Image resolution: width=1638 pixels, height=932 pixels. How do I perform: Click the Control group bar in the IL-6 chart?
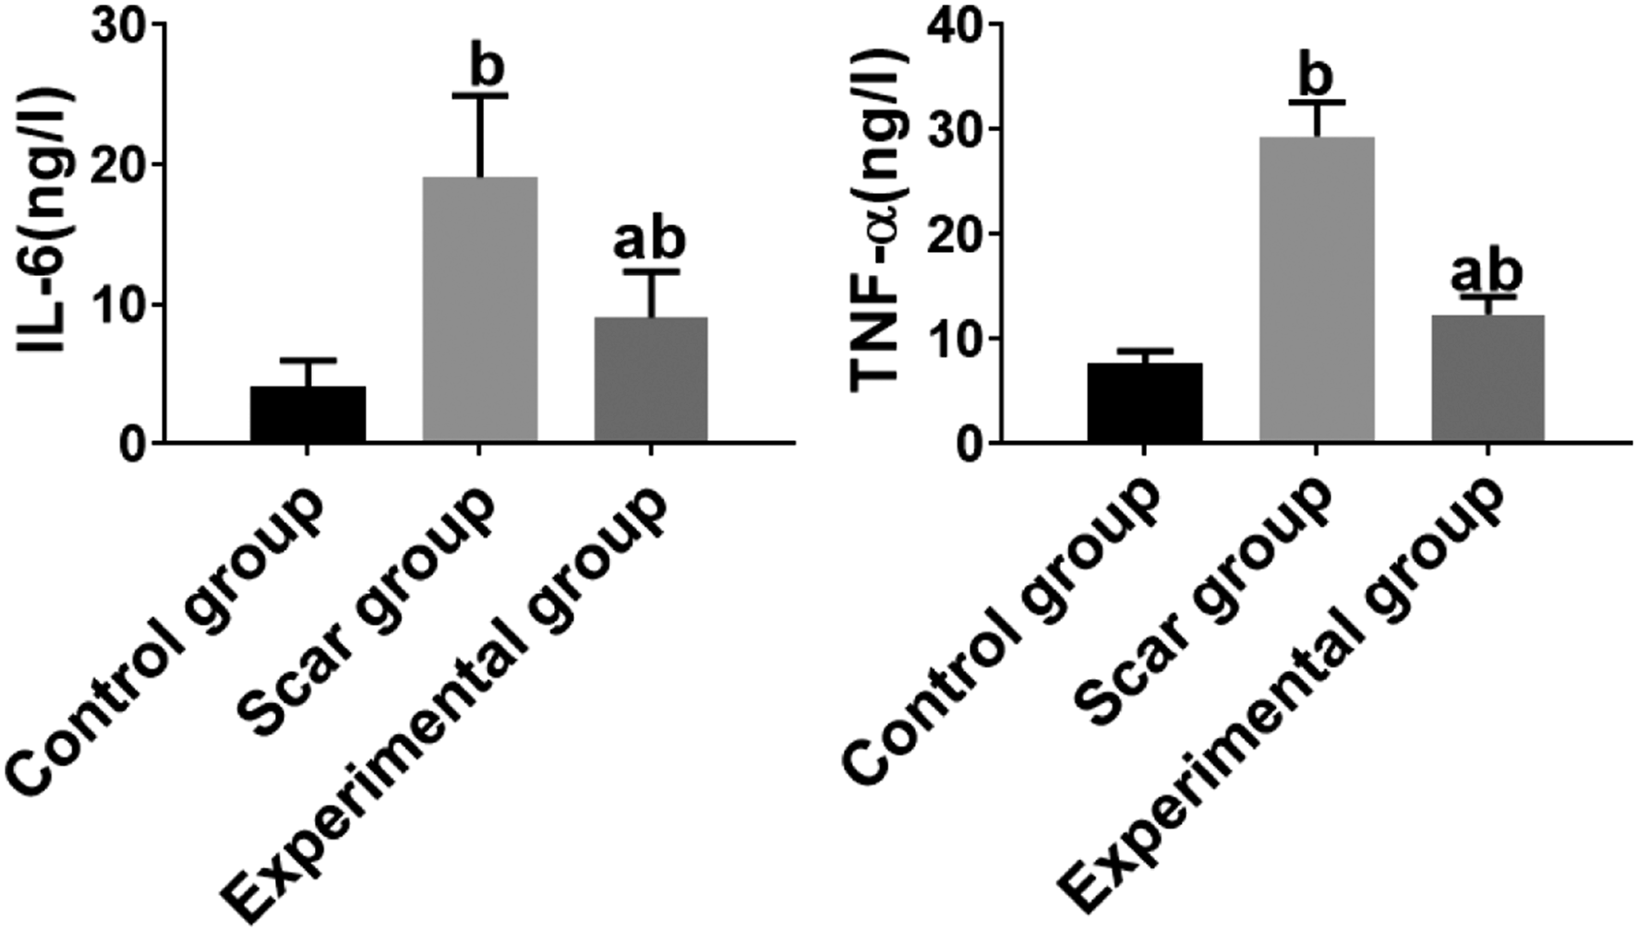point(307,414)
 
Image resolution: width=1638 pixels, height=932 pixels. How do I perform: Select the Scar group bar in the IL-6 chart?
point(479,310)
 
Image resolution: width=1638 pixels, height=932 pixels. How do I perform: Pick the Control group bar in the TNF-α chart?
point(1145,403)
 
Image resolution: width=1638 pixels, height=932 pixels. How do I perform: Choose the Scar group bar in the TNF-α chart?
point(1317,290)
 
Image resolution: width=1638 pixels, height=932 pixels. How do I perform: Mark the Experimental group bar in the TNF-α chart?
point(1487,379)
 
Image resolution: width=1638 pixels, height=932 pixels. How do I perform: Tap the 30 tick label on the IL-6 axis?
point(121,25)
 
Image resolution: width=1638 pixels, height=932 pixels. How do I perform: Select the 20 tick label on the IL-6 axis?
point(121,165)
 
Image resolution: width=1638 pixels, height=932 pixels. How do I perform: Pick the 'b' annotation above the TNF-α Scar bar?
point(1318,74)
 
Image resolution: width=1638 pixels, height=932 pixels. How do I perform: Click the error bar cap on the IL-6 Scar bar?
point(480,96)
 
